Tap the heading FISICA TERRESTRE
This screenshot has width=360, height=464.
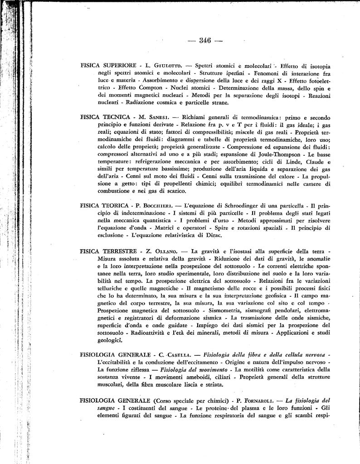(x=108, y=251)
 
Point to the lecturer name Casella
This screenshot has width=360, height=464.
(x=180, y=354)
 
